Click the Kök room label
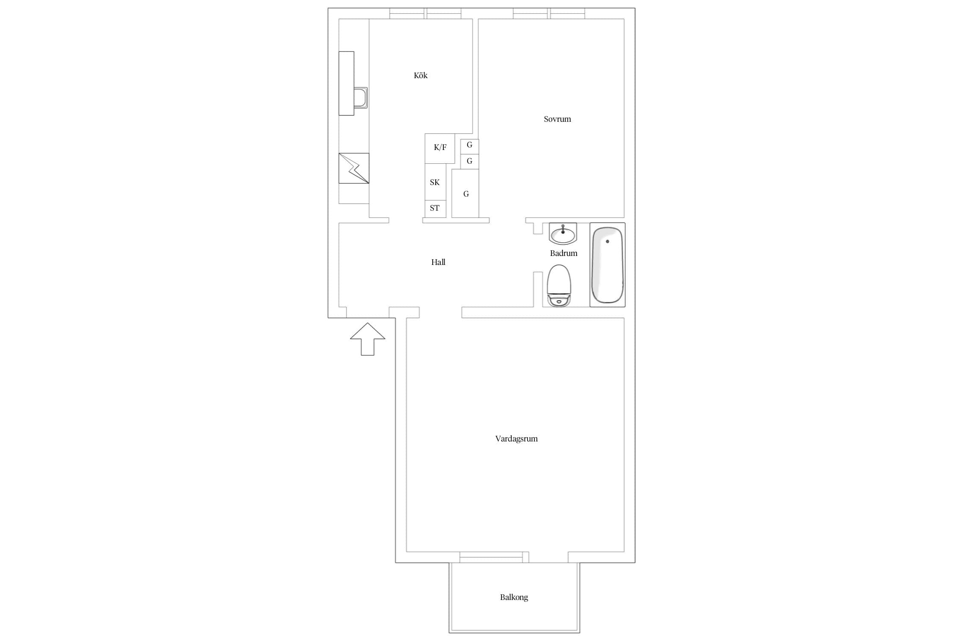(420, 76)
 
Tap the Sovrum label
(557, 119)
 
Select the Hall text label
(438, 262)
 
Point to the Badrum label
(563, 253)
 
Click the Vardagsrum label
(516, 439)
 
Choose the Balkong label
(514, 597)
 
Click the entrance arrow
(367, 339)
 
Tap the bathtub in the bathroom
(607, 265)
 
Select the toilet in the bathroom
(559, 285)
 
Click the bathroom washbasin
(563, 234)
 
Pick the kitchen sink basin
(360, 98)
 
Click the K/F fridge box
(440, 148)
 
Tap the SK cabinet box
(435, 182)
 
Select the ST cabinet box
(435, 209)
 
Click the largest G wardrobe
(465, 194)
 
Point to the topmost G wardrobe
(469, 146)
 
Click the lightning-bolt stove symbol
(354, 168)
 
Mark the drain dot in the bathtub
(607, 241)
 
